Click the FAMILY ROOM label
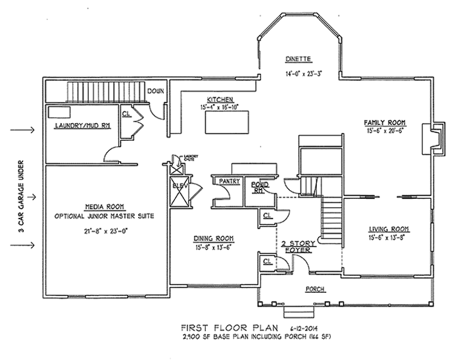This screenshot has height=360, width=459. tap(385, 122)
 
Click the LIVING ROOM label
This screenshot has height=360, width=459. tap(387, 229)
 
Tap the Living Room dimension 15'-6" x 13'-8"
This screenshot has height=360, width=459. tap(387, 238)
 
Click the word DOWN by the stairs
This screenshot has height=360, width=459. tap(157, 91)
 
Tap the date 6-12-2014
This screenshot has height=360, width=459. tap(307, 326)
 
